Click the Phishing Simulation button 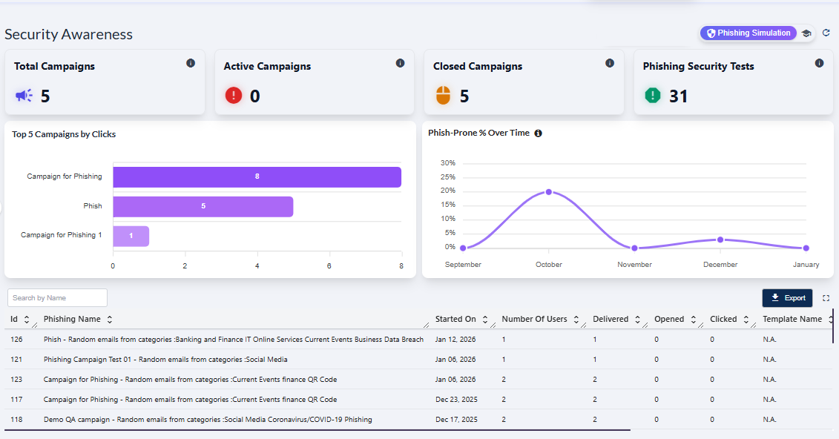(x=748, y=33)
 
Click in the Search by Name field (x=57, y=298)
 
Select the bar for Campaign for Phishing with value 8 (x=257, y=177)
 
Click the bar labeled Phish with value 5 (x=203, y=206)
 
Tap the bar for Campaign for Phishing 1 (x=131, y=236)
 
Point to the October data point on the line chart (x=549, y=191)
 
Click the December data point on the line (x=720, y=240)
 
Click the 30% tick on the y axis (x=447, y=163)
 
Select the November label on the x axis (x=634, y=265)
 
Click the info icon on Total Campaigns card (x=191, y=63)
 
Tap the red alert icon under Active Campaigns (x=234, y=95)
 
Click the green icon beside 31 (x=652, y=95)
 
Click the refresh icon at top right (x=826, y=33)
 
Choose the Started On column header (x=455, y=320)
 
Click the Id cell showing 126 (x=16, y=340)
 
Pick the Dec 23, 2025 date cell (x=455, y=400)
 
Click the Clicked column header (x=723, y=320)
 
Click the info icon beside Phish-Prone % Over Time (x=539, y=133)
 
